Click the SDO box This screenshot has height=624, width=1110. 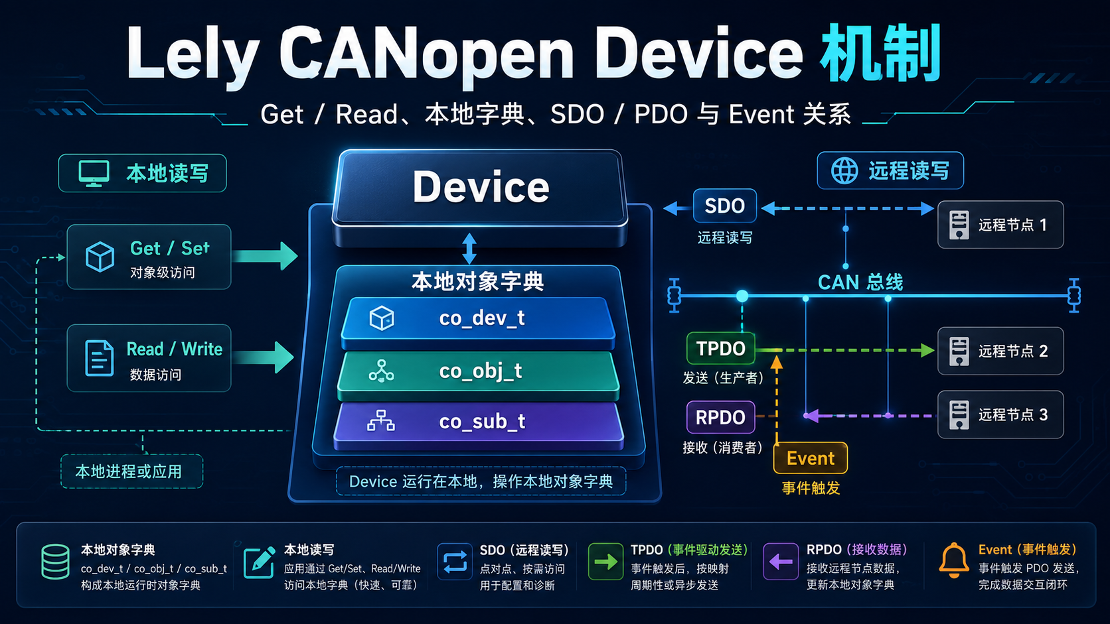724,206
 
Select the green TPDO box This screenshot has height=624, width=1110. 720,349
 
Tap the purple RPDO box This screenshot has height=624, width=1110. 720,417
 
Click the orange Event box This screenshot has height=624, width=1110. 810,458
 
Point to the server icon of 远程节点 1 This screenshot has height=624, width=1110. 959,225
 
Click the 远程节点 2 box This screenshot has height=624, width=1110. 1000,351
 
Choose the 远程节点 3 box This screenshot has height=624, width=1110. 1000,414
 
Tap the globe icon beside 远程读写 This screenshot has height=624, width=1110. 844,170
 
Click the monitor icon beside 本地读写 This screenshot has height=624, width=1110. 94,174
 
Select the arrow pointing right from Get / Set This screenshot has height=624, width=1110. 265,256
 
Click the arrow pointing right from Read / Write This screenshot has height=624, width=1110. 264,357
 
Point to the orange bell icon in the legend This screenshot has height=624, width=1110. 953,560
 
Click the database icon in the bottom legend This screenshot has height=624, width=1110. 55,562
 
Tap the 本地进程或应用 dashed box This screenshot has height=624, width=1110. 132,471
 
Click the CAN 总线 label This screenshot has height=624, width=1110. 860,282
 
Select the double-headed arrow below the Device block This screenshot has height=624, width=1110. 469,249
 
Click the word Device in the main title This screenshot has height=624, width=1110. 698,54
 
